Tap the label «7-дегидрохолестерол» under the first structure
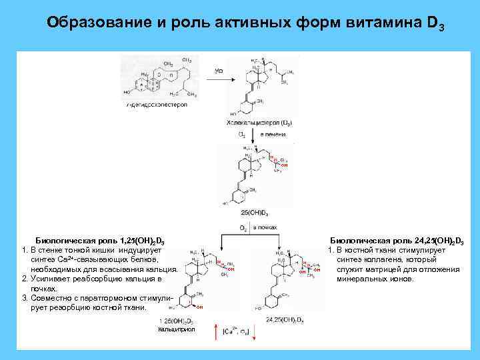157,105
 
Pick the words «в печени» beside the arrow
272,134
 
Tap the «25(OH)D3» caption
255,214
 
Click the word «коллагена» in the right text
387,259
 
